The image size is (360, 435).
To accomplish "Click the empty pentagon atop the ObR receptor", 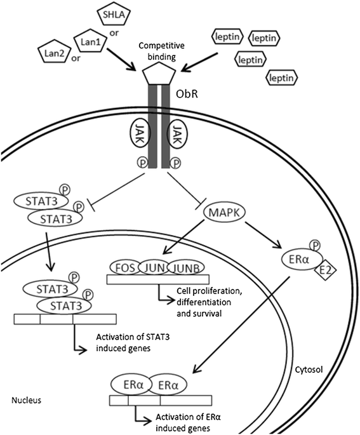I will coord(161,75).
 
